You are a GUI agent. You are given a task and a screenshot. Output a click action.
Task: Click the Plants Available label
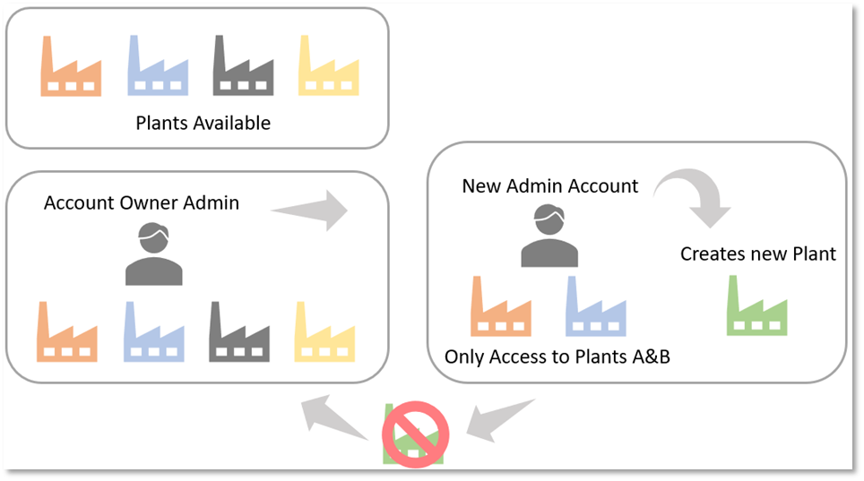(x=203, y=123)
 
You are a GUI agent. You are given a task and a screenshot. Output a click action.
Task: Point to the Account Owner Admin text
(x=142, y=202)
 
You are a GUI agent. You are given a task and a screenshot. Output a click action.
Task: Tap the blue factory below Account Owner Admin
(x=154, y=334)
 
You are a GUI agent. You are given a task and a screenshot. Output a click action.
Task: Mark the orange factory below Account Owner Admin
(x=68, y=334)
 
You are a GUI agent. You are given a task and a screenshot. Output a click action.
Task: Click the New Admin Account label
(x=550, y=186)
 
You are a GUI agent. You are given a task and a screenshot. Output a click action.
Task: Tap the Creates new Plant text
(x=758, y=254)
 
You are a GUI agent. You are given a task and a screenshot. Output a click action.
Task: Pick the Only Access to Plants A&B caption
(x=557, y=357)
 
